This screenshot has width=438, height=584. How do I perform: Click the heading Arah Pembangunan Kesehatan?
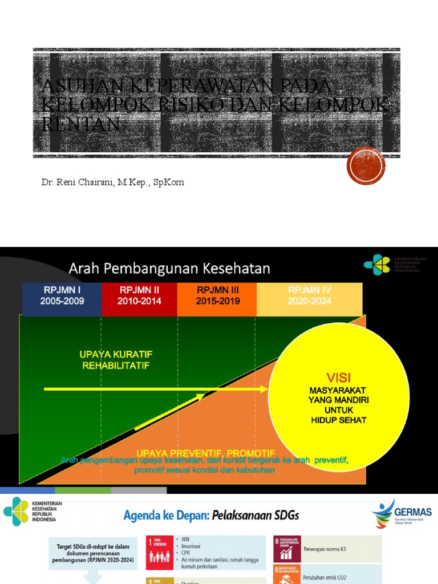tap(170, 268)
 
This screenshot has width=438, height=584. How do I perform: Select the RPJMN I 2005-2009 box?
tap(62, 296)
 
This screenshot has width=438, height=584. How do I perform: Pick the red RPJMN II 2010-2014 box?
tap(140, 296)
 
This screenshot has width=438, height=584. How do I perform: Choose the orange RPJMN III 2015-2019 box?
tap(217, 296)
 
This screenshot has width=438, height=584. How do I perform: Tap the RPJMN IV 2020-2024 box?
tap(310, 296)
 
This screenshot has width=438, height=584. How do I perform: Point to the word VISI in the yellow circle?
tap(339, 378)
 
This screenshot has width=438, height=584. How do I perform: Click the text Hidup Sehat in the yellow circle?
tap(339, 420)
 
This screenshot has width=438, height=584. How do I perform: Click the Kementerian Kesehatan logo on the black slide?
tap(378, 265)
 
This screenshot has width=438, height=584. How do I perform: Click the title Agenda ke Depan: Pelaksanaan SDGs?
tap(211, 516)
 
